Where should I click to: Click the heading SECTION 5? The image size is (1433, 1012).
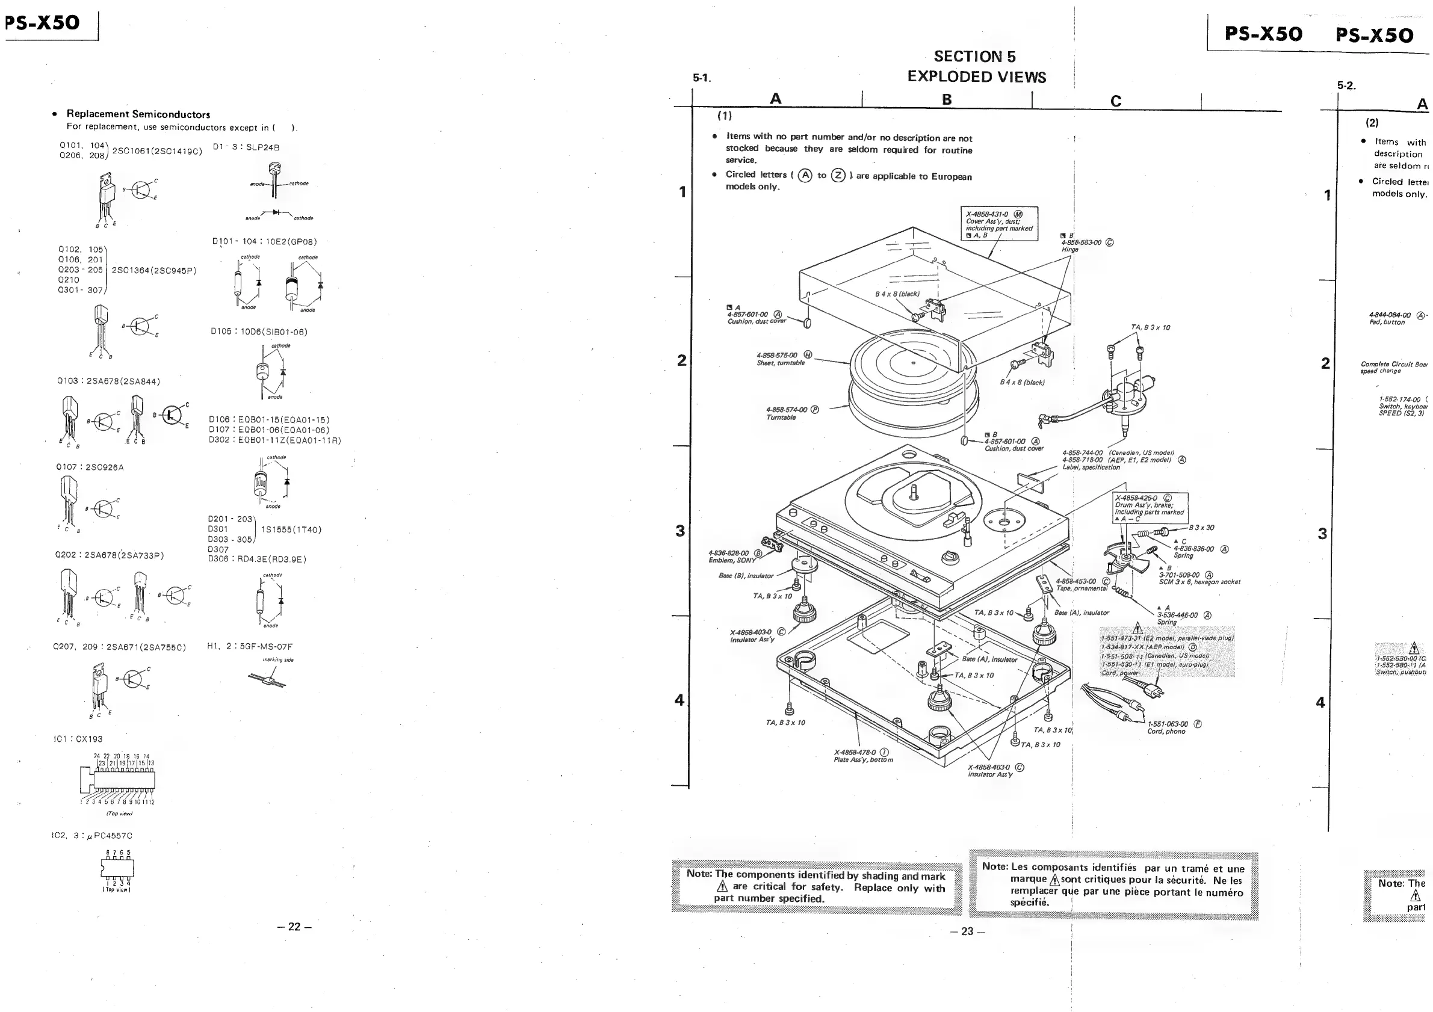point(974,57)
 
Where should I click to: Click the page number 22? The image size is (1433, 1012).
point(294,927)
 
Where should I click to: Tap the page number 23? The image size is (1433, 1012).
point(967,931)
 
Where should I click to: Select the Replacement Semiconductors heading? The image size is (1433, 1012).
point(138,114)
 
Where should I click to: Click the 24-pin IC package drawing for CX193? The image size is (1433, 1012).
point(119,778)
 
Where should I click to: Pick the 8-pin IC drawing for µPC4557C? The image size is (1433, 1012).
point(117,867)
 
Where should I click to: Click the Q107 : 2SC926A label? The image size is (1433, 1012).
point(90,467)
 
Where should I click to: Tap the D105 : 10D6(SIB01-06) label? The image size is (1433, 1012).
point(259,332)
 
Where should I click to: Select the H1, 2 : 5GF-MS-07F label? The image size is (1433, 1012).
point(250,646)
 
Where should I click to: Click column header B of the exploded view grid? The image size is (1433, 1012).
point(946,99)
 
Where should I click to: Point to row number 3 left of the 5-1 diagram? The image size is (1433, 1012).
point(680,531)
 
